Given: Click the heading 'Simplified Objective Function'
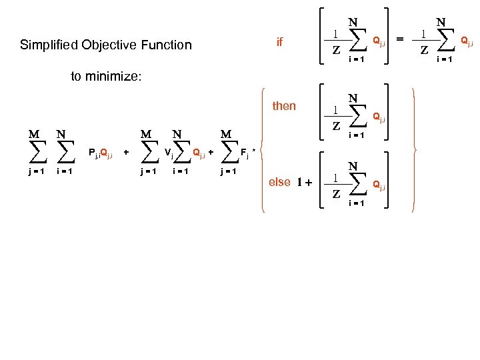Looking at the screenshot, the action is [x=105, y=45].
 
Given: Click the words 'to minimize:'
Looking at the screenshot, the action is [x=106, y=77].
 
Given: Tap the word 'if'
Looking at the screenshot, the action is [x=279, y=43].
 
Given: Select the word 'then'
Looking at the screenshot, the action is [x=284, y=106].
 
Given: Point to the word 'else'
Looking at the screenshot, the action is [x=279, y=182].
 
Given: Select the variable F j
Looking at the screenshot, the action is [x=245, y=155].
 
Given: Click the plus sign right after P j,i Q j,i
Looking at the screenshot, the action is [x=127, y=153].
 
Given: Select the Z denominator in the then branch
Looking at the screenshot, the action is [x=337, y=126].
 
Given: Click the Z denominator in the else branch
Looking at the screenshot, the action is [x=337, y=194].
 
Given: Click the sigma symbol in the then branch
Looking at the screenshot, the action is [x=353, y=117].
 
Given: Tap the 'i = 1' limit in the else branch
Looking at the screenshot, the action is [x=354, y=203].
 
